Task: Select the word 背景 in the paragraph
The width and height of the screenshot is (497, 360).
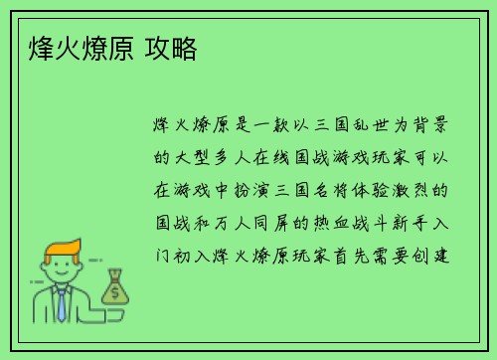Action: (436, 125)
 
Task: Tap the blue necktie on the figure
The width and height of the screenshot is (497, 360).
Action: (61, 302)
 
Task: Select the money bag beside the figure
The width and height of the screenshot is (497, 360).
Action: (115, 287)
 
